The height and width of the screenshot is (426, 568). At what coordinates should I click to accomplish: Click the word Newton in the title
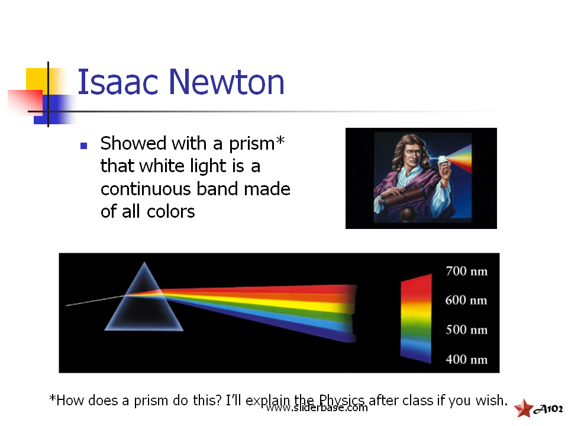coord(227,82)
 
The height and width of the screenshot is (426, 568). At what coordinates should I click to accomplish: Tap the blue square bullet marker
coord(83,146)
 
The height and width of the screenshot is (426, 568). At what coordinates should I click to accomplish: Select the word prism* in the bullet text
coord(257,144)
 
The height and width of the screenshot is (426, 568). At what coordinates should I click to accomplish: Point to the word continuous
coord(146,189)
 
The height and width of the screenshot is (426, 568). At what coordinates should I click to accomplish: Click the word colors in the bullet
coord(170,212)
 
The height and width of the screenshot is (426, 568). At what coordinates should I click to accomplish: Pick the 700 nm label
coord(467,271)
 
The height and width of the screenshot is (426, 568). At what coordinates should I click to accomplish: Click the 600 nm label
coord(466,301)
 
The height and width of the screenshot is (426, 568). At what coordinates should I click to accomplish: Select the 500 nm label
coord(467,330)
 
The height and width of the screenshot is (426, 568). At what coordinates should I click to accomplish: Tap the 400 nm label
coord(467,359)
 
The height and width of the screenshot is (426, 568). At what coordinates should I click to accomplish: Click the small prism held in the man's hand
coord(443,160)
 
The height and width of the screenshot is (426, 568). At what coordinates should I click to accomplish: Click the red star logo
coord(524,408)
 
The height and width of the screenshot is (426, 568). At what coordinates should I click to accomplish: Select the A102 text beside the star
coord(548,409)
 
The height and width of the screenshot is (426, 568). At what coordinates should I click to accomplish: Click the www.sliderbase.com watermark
coord(317,408)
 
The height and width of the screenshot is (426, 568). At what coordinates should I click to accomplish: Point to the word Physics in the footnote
coord(341,401)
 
